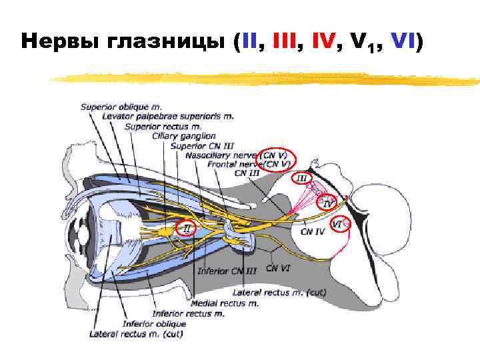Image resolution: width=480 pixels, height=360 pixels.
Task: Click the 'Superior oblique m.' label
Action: (121, 106)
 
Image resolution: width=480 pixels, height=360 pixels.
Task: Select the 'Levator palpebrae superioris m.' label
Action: (167, 116)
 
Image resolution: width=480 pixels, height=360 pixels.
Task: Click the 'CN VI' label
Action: (277, 268)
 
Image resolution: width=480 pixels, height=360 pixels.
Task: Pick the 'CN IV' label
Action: (312, 232)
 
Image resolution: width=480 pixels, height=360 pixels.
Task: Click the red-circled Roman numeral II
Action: (187, 229)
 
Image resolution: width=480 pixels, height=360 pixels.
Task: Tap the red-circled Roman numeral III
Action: (301, 178)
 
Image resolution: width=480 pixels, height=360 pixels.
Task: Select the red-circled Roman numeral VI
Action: (338, 225)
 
